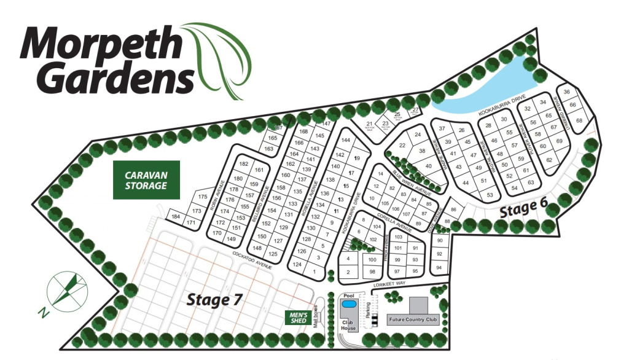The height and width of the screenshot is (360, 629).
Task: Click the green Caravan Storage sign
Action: point(146,180)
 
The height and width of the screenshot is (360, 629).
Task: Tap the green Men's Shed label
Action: point(299,317)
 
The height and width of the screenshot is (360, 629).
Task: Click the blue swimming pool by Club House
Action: point(349,304)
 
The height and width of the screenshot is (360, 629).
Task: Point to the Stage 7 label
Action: point(214,300)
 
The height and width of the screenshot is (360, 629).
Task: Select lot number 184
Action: point(176,217)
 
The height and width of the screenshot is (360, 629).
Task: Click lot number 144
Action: point(345,140)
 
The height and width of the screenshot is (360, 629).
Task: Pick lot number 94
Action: point(439,268)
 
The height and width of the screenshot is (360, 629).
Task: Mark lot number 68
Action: point(579,120)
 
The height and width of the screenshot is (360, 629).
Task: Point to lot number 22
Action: point(403,146)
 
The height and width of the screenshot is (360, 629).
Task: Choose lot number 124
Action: point(297,265)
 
